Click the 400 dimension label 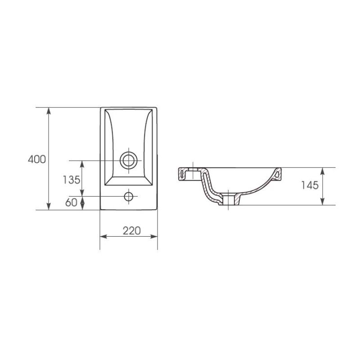click(x=37, y=159)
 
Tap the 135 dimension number click(x=72, y=180)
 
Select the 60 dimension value click(x=71, y=202)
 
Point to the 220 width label click(x=131, y=231)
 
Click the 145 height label click(x=310, y=185)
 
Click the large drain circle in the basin click(x=129, y=161)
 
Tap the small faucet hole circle click(x=129, y=196)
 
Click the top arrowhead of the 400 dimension click(x=49, y=111)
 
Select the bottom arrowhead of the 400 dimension click(x=49, y=207)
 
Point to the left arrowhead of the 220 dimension click(x=103, y=237)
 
